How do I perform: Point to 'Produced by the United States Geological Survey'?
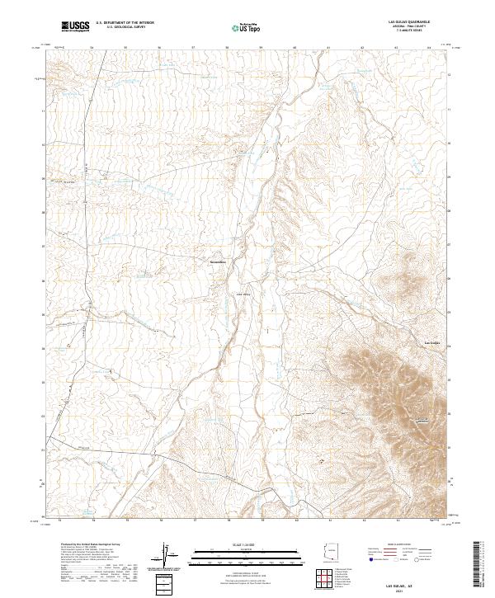tap(92, 545)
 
